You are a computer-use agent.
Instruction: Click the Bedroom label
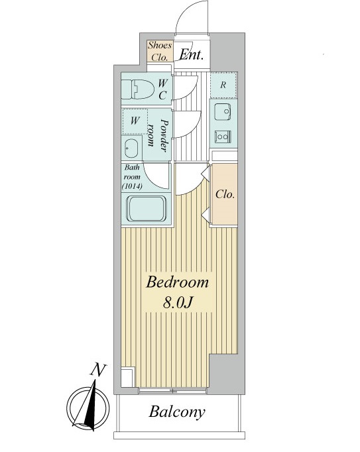(x=177, y=282)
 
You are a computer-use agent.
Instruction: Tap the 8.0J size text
(x=178, y=303)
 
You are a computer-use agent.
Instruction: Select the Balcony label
(x=177, y=412)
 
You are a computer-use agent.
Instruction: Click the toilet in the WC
(x=137, y=89)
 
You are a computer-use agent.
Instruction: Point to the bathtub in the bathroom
(x=147, y=209)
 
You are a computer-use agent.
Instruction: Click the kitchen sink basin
(x=222, y=111)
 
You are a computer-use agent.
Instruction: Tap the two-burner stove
(x=222, y=137)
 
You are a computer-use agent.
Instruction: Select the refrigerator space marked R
(x=223, y=85)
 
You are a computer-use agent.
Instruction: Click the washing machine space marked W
(x=135, y=121)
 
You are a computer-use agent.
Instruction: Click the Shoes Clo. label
(x=160, y=51)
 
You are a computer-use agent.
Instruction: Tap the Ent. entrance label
(x=192, y=54)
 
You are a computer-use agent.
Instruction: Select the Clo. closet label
(x=225, y=195)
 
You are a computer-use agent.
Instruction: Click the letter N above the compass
(x=98, y=369)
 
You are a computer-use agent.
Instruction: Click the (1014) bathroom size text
(x=132, y=186)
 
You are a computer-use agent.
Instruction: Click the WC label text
(x=162, y=89)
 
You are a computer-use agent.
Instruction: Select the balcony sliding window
(x=172, y=391)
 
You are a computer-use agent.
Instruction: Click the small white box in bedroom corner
(x=128, y=377)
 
